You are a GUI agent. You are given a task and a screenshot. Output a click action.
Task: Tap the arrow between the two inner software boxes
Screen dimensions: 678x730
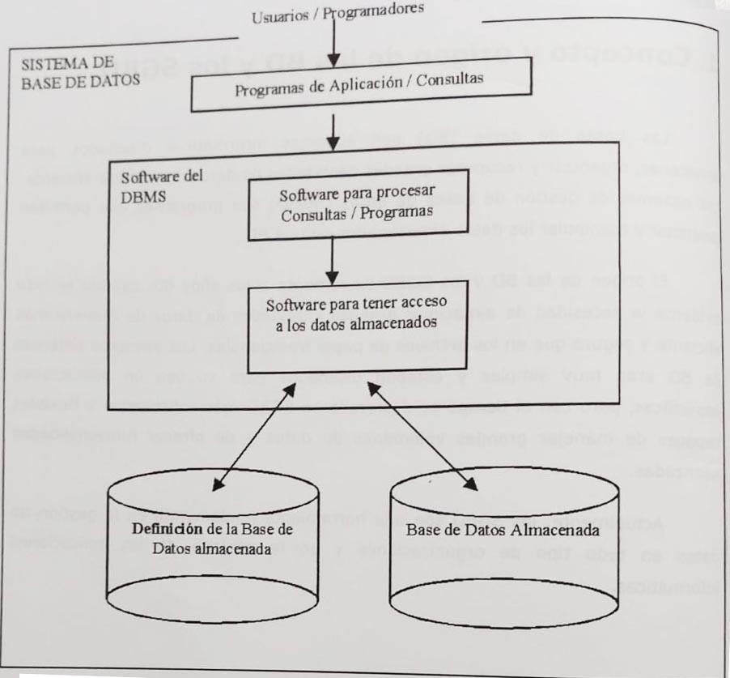point(333,262)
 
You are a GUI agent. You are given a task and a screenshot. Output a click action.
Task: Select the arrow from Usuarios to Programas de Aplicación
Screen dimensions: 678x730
point(334,41)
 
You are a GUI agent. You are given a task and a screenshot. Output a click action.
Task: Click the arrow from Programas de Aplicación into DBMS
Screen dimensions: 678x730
point(334,127)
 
